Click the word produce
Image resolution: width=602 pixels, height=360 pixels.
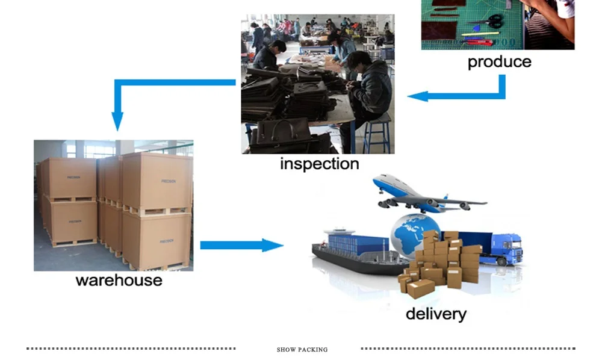[499, 62]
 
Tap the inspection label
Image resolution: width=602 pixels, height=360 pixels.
[319, 164]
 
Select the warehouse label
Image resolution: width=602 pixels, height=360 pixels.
[119, 280]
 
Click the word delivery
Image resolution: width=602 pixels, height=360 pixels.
[435, 314]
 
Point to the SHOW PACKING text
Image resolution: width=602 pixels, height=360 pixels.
[302, 350]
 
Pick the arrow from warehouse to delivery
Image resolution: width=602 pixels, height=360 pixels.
[241, 245]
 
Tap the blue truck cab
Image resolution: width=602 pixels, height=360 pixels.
[509, 248]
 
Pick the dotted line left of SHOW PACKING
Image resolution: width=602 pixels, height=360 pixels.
[131, 349]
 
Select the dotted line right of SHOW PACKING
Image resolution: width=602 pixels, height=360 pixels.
[468, 349]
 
